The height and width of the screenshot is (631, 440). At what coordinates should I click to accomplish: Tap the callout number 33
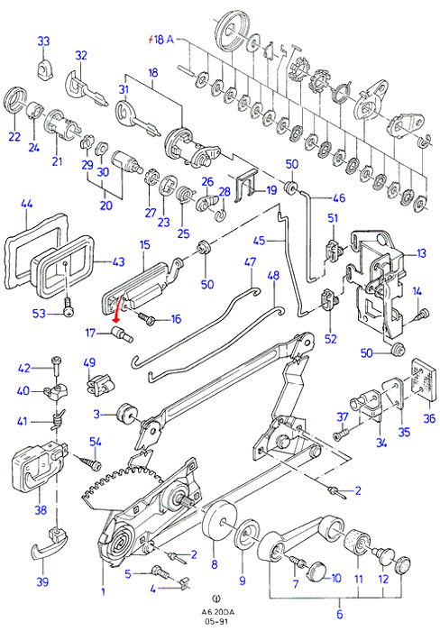(x=43, y=41)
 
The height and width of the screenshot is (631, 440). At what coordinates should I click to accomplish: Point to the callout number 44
(x=26, y=205)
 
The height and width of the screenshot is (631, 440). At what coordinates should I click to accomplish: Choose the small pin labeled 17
(x=121, y=334)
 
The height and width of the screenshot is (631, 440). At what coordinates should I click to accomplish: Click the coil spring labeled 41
(x=58, y=421)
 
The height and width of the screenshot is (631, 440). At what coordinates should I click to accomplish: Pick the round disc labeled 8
(x=218, y=522)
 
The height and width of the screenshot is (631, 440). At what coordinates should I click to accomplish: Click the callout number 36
(x=429, y=418)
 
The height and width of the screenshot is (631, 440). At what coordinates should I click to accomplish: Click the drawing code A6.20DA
(x=218, y=612)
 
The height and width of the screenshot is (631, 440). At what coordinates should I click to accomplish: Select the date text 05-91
(x=218, y=621)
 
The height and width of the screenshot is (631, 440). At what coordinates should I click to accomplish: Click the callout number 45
(x=260, y=241)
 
